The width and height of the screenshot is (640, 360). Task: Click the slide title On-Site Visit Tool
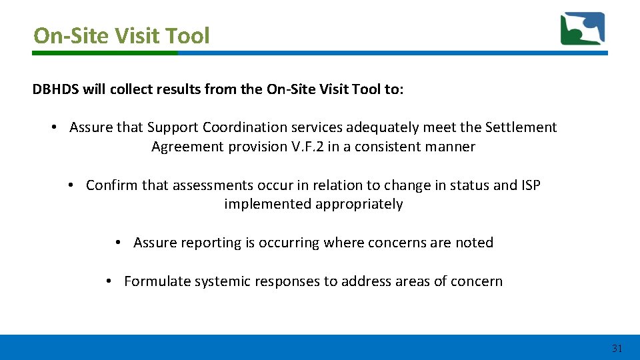121,35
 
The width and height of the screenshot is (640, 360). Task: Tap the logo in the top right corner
582,29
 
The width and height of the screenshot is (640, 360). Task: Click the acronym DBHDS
56,89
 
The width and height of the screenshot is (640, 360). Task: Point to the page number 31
617,348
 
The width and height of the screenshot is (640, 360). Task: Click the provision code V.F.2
311,147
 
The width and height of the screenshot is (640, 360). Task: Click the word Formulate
157,281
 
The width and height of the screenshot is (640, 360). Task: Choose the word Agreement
187,147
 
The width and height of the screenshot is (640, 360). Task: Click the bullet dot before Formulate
109,281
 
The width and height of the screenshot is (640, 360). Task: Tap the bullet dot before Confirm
71,185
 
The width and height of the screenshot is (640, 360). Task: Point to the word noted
474,243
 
